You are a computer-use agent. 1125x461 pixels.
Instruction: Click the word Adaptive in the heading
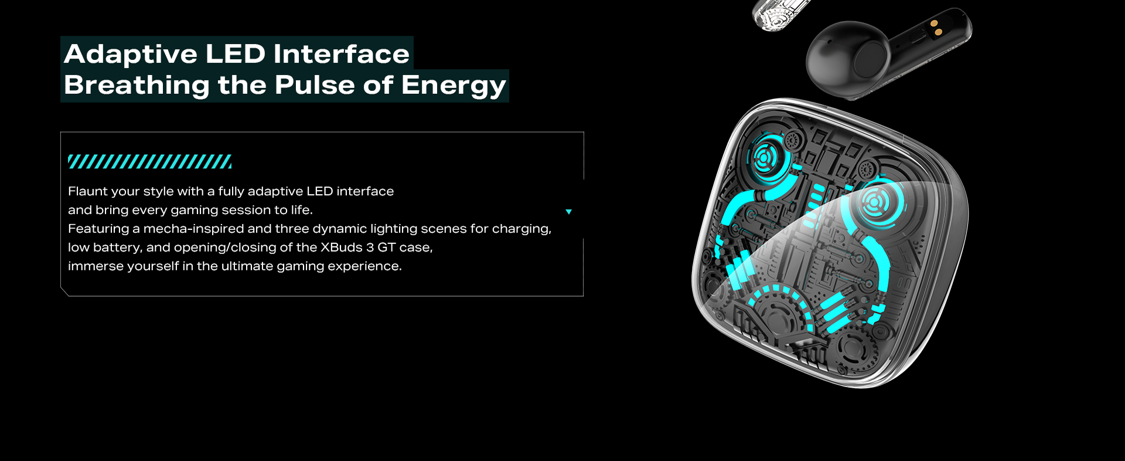[x=131, y=55]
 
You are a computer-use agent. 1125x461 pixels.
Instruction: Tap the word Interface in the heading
[x=342, y=53]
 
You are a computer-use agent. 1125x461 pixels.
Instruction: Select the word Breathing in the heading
[x=137, y=86]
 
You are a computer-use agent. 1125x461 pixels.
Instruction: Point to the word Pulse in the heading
[x=315, y=84]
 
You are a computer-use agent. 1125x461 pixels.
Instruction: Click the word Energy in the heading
[x=454, y=86]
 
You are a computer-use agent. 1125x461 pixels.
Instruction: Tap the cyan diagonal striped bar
[x=150, y=162]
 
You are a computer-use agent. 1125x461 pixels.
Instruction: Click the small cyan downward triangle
[x=568, y=212]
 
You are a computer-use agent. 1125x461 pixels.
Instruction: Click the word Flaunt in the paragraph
[x=87, y=191]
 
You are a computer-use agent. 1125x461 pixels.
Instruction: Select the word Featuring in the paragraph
[x=98, y=229]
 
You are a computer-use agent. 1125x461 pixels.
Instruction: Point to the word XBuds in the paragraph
[x=342, y=248]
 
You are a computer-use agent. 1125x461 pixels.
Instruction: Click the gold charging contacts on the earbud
[x=936, y=28]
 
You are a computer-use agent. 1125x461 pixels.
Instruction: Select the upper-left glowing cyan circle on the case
[x=765, y=157]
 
